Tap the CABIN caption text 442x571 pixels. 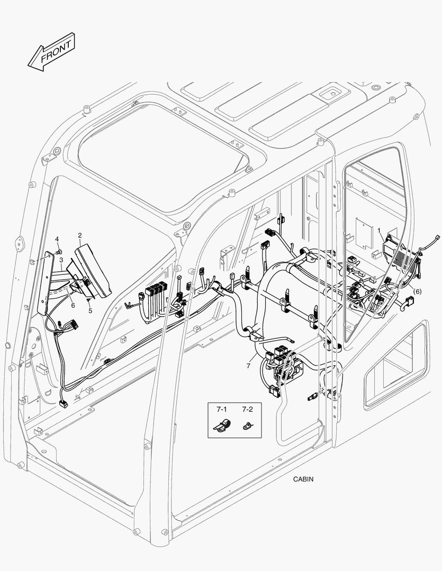(303, 480)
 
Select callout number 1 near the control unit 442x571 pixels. (380, 230)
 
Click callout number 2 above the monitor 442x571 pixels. (79, 235)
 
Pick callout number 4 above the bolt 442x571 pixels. (57, 240)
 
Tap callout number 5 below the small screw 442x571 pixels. (90, 311)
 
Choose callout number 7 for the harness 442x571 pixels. (248, 365)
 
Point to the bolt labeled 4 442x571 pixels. (59, 250)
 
